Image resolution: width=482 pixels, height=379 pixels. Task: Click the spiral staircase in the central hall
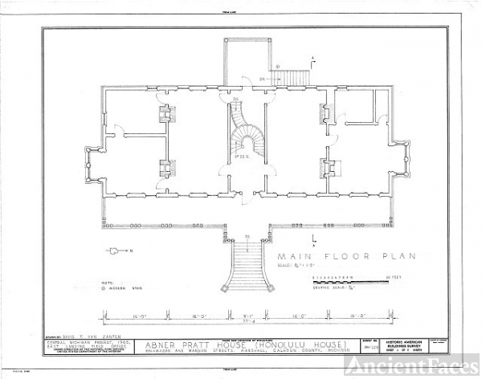(241, 132)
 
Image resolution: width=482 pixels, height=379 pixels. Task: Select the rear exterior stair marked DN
(284, 77)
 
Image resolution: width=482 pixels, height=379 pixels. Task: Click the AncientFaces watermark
(410, 365)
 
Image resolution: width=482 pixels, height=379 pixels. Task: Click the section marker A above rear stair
(312, 57)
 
